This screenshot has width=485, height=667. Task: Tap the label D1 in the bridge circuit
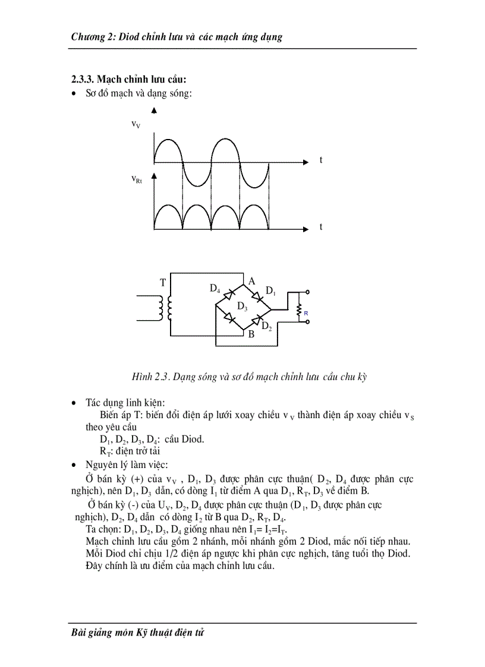(x=270, y=290)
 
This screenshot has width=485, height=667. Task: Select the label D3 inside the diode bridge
(x=242, y=306)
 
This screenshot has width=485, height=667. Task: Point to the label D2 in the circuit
(x=267, y=325)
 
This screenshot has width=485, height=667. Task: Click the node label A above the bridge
(x=251, y=281)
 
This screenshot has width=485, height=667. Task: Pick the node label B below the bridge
(x=251, y=334)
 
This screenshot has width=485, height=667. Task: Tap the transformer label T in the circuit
(x=162, y=283)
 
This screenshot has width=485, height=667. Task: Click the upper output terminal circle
(x=308, y=292)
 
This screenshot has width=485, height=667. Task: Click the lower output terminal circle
(x=308, y=323)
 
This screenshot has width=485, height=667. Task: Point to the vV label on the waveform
(x=136, y=124)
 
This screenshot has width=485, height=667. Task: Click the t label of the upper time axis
(x=321, y=160)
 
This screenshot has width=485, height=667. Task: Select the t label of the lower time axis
(x=321, y=227)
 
